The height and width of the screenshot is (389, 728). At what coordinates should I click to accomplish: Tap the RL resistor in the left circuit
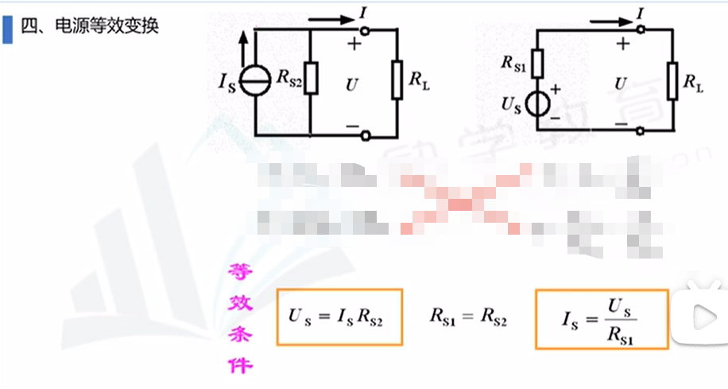click(397, 80)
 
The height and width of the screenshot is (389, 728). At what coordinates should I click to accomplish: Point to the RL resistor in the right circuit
click(672, 80)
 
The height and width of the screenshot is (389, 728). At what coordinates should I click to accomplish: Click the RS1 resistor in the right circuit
click(538, 63)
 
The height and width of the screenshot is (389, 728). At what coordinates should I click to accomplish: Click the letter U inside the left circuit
click(352, 83)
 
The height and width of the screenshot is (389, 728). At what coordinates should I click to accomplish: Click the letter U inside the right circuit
click(621, 83)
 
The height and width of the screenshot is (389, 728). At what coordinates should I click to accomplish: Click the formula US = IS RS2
click(339, 317)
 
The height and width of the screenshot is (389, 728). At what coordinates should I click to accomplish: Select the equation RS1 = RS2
click(469, 317)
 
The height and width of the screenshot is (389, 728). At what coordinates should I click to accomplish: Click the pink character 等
click(238, 273)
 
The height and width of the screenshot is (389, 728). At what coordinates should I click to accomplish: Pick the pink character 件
click(238, 365)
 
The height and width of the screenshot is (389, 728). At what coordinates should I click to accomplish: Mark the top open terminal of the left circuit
click(366, 30)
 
